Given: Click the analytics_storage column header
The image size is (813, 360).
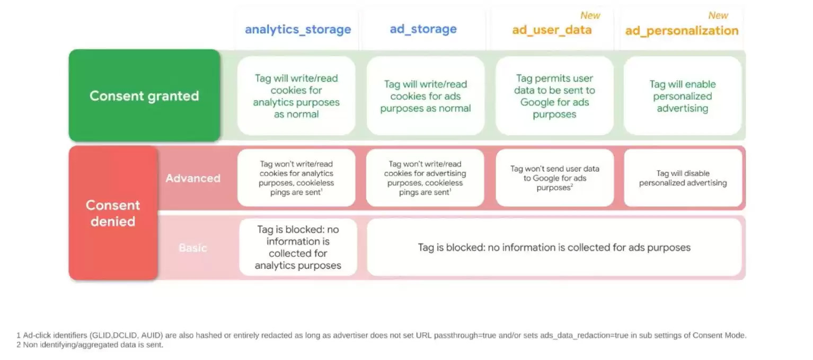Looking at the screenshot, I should pos(297,29).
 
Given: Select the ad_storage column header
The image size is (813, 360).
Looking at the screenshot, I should pos(423,29).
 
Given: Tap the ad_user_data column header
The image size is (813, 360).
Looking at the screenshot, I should pos(551,30).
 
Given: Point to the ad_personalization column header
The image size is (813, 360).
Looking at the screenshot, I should pos(682,31).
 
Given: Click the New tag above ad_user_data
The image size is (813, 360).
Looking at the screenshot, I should pos(590,15).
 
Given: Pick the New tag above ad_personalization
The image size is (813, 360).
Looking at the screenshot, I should pos(718,15).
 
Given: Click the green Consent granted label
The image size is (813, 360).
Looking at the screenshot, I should pos(144,96).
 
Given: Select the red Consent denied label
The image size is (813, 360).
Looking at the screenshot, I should pos(113,213).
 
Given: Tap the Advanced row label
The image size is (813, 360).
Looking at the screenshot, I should pos(193,178).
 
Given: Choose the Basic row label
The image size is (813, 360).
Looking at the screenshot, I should pos(193,248).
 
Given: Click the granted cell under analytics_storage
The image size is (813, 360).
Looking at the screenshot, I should pos(296,96).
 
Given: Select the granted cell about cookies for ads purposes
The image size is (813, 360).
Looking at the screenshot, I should pos(425,96).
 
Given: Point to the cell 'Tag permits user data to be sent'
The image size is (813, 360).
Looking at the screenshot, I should pos(554,96).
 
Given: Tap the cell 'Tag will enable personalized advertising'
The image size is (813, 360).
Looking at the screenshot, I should pos(683,96).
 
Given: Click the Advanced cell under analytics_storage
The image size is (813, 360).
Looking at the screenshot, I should pos(296,178).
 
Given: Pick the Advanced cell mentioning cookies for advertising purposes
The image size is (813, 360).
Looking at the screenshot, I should pos(425,178).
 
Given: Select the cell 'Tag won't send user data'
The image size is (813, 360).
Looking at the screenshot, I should pos(554,178).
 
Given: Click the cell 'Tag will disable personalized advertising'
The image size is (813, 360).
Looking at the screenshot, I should pos(683,178).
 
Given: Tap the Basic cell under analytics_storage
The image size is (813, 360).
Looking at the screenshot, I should pos(298,248).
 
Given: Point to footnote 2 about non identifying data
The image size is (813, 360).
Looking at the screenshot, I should pos(90,345).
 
